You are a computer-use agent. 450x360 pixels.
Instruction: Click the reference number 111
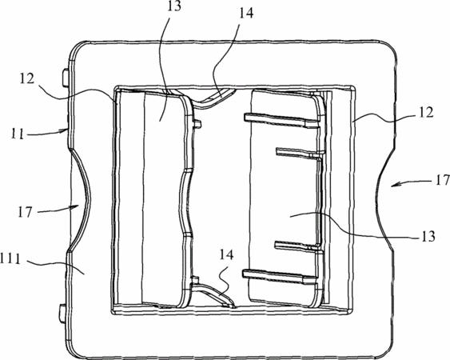tap(10, 260)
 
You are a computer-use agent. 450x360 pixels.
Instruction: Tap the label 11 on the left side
tap(18, 134)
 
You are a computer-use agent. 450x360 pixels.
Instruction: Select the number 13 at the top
tap(174, 6)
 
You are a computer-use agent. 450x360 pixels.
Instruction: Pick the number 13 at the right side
tap(428, 236)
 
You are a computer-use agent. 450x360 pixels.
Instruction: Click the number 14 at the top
tap(246, 13)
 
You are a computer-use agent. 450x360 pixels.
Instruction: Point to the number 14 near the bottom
tap(227, 254)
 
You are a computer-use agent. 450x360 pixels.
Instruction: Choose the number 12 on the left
tap(27, 78)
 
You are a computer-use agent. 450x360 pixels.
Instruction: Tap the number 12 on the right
tap(426, 113)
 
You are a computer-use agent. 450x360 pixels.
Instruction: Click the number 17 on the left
tap(25, 212)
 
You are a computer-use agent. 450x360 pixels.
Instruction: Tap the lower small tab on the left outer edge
tap(62, 313)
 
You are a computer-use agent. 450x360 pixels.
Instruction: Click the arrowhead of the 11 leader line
tap(66, 131)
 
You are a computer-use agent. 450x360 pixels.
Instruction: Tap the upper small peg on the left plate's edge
tap(197, 123)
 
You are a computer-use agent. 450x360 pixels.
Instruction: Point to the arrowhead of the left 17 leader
tap(75, 206)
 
